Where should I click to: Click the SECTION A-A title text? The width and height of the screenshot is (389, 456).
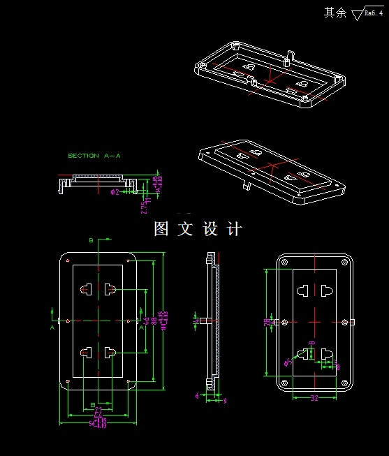click(x=94, y=156)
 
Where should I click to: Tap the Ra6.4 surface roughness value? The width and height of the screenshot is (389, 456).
click(x=374, y=13)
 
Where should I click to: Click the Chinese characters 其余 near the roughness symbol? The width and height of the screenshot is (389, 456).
click(x=335, y=13)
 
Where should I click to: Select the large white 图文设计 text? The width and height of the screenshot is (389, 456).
click(x=198, y=229)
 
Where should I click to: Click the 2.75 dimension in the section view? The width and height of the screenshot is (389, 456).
click(x=143, y=207)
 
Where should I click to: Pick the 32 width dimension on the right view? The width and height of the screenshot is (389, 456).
click(x=314, y=398)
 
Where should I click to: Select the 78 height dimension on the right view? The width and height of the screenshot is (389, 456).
click(x=267, y=322)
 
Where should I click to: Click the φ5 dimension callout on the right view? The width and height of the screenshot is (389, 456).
click(x=288, y=362)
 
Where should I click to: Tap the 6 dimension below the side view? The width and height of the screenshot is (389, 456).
click(x=197, y=396)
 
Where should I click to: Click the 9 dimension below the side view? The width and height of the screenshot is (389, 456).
click(x=224, y=400)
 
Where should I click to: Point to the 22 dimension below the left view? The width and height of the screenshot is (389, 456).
click(x=98, y=409)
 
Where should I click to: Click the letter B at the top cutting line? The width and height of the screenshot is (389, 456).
click(x=90, y=240)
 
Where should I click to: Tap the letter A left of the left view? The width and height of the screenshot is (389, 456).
click(x=52, y=326)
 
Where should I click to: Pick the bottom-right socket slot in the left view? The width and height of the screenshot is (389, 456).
click(x=110, y=353)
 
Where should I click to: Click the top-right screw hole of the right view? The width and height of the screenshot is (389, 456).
click(x=344, y=262)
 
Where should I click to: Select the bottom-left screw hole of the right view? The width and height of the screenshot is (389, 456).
click(x=284, y=383)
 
